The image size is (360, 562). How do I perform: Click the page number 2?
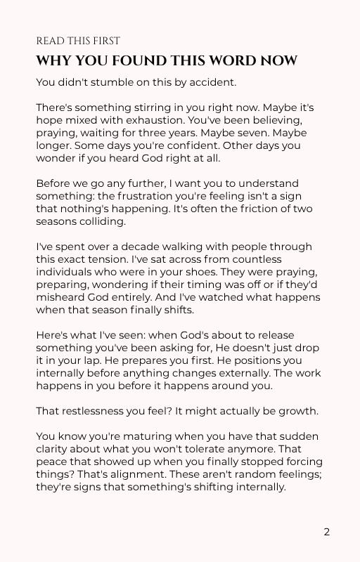coord(327,532)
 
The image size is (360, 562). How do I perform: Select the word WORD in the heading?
coord(229,61)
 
